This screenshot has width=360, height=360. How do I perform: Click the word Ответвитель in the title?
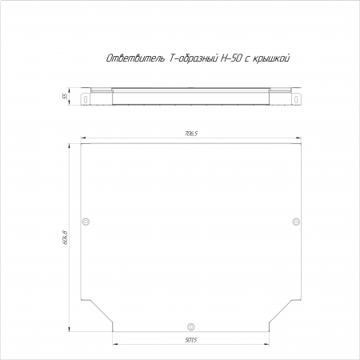135,58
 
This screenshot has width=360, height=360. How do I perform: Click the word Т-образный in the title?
194,58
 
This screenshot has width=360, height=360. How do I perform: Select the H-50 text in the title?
231,58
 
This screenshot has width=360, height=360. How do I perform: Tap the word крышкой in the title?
271,58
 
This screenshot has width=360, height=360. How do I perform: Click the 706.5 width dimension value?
191,134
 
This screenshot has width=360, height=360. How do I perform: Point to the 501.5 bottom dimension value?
191,340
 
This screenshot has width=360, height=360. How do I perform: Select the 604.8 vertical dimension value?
66,238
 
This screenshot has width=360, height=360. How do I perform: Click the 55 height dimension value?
65,96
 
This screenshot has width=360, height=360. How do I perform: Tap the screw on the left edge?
86,222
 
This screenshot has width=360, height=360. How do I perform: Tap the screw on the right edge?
296,222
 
